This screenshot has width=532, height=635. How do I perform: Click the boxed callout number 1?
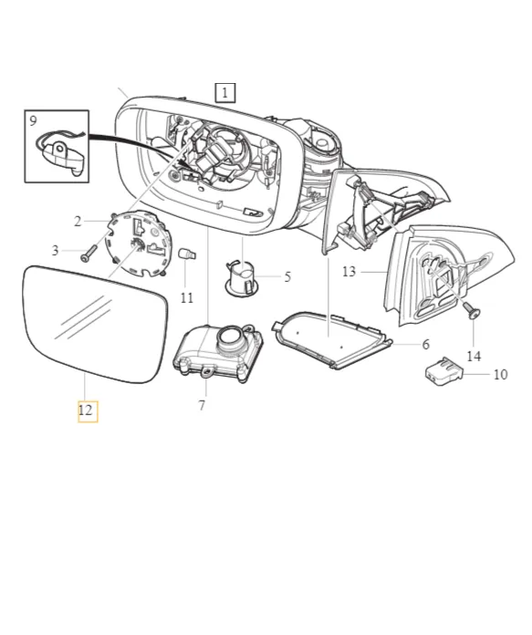(x=224, y=93)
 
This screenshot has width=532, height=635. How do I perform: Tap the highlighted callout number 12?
(x=88, y=411)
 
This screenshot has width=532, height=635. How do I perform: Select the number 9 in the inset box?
(x=33, y=120)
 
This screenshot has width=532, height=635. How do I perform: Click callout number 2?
(x=78, y=222)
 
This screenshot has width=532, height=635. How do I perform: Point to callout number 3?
(x=55, y=251)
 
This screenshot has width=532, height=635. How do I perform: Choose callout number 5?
(x=287, y=277)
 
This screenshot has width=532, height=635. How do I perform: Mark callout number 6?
(x=426, y=344)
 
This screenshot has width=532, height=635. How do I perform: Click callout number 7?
(x=202, y=405)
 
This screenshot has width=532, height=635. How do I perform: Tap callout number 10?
(x=501, y=374)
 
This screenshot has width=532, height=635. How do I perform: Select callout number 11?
(x=187, y=298)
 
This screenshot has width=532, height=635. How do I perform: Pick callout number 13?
(x=349, y=271)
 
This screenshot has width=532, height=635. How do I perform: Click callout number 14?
(x=474, y=357)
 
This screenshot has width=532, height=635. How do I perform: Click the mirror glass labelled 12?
(x=94, y=324)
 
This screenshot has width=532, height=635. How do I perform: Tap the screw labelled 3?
(x=89, y=253)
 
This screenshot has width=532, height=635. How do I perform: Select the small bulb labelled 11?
(x=187, y=255)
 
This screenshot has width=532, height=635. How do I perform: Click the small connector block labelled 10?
(x=443, y=371)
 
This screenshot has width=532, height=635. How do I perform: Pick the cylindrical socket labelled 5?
(x=243, y=278)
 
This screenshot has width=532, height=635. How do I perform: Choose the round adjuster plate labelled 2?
(x=137, y=244)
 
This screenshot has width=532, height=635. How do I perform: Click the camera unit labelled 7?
(x=218, y=351)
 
